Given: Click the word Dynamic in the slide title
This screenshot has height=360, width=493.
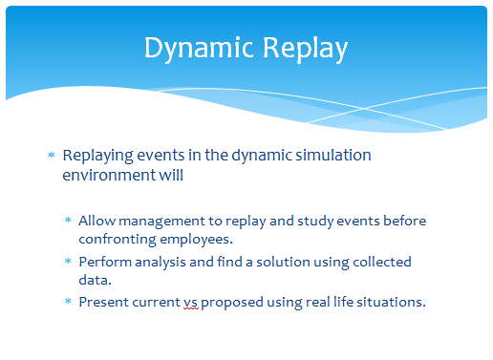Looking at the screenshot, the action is pos(199,48).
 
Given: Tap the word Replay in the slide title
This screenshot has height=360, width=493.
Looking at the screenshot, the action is pos(305,48).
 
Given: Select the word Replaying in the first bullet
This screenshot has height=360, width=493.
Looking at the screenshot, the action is pos(97,156).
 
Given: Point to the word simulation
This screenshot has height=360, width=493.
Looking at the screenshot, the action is pos(333,155).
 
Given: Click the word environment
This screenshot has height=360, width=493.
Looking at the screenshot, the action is pos(109,175).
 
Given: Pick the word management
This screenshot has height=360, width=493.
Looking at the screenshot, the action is pos(161,222).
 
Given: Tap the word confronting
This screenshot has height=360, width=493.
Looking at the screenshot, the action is pos(118,240).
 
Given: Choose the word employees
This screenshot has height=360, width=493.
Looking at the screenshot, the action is pos(196,240).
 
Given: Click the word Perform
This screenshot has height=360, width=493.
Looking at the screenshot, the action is pos(105,262).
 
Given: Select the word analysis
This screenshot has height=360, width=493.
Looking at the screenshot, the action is pos(161,263).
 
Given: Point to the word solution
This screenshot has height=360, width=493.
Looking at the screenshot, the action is pos(283,262).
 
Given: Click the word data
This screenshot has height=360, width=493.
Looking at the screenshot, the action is pos(95,280).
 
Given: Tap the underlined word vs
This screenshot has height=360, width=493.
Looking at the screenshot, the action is pos(190,303).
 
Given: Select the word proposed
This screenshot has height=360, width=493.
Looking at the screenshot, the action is pos(232,303).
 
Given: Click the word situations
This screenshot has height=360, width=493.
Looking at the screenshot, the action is pos(391,302).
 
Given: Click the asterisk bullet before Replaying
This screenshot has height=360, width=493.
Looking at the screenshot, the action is pos(52,155).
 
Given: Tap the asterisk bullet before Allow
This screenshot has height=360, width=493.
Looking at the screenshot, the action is pos(68,220).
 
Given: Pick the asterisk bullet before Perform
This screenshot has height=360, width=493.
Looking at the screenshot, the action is pos(68,261).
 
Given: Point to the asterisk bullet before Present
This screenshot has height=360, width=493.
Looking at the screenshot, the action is pos(68,301).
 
